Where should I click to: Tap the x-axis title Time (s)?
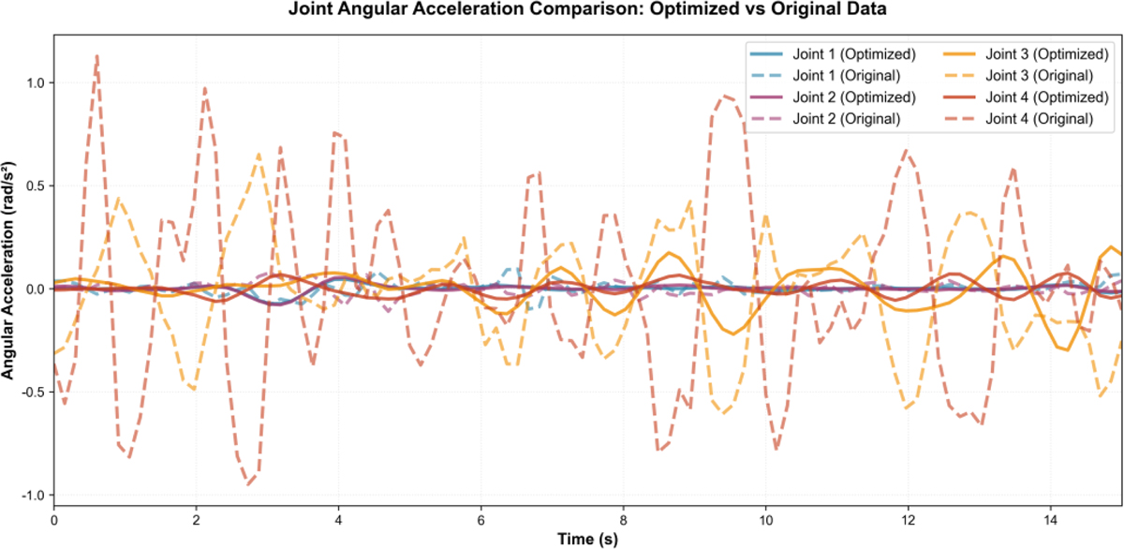(x=588, y=539)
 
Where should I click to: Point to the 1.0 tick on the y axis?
(x=36, y=82)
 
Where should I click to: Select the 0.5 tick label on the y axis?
(x=36, y=185)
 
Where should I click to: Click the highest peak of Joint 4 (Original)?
(x=96, y=55)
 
